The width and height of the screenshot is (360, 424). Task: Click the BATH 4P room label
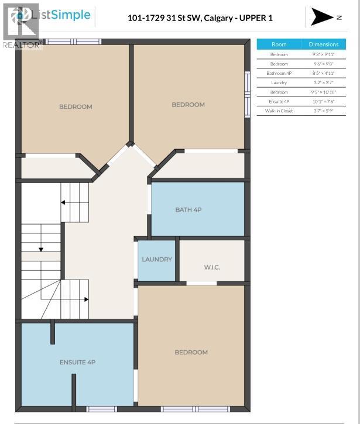click(188, 209)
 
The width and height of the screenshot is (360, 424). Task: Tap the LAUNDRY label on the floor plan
click(157, 259)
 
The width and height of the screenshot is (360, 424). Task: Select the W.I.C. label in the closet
click(212, 267)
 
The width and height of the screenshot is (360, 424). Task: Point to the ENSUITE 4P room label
click(77, 362)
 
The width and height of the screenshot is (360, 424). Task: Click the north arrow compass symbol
click(322, 18)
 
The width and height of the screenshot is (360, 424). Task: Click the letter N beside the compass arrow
click(339, 18)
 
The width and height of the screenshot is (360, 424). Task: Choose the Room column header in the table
click(279, 44)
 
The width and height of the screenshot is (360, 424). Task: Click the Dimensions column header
click(323, 44)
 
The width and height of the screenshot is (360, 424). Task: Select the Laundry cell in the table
click(279, 82)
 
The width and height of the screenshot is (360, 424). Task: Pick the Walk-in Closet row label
click(279, 111)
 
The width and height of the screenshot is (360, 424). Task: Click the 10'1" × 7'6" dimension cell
click(323, 101)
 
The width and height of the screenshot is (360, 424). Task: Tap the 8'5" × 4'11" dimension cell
click(323, 73)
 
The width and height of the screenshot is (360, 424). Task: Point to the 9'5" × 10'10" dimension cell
click(323, 92)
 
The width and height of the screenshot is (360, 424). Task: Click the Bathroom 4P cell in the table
click(279, 73)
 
